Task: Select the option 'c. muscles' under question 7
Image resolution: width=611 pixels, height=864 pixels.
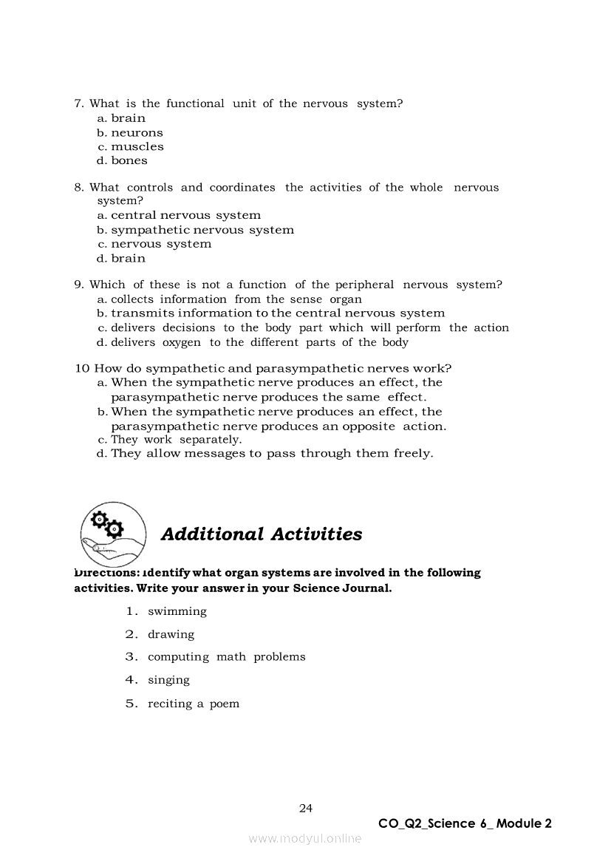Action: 130,146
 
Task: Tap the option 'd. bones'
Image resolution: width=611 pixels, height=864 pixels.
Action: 122,160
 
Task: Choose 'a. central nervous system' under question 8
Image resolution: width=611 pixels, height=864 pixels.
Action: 179,215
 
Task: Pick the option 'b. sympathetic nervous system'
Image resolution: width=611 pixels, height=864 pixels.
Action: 195,230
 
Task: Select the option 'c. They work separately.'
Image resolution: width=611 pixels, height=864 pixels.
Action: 169,440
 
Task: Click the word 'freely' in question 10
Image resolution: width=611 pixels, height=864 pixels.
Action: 412,453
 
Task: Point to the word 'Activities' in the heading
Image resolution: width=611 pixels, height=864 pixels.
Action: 316,534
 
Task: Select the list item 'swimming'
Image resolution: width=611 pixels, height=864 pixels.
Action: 177,611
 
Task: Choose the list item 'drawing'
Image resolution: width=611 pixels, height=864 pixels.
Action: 171,634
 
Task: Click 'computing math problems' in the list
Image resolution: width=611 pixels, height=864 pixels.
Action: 226,656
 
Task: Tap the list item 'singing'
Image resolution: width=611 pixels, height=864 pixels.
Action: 168,680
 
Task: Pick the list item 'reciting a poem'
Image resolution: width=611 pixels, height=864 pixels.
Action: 194,704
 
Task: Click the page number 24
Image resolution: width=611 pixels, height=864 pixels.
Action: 306,808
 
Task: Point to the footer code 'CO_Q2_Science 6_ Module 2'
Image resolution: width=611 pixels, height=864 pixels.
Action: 465,823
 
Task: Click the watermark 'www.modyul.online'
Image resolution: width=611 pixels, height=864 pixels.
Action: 305,838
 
